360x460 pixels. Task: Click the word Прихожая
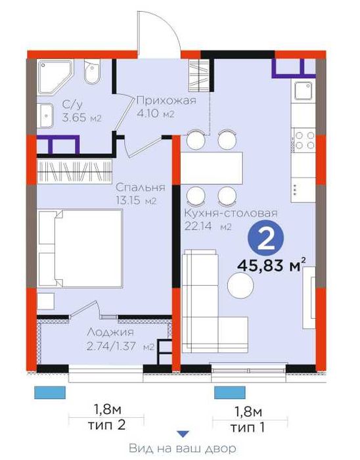tap(166, 101)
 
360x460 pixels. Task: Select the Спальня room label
tap(141, 187)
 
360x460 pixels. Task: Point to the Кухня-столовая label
tap(231, 213)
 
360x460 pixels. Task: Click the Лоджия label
tap(110, 333)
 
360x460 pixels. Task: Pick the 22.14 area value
tap(198, 226)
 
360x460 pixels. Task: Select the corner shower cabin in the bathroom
tap(55, 77)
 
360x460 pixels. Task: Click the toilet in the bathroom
tap(93, 72)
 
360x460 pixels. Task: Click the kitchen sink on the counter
tap(303, 91)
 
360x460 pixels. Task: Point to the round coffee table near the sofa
tap(240, 285)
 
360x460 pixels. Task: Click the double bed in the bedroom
tap(80, 248)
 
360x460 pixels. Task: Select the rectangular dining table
tap(212, 168)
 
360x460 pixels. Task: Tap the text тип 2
tap(106, 425)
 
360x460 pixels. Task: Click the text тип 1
tap(248, 427)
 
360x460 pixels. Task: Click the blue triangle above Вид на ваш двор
tap(183, 434)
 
